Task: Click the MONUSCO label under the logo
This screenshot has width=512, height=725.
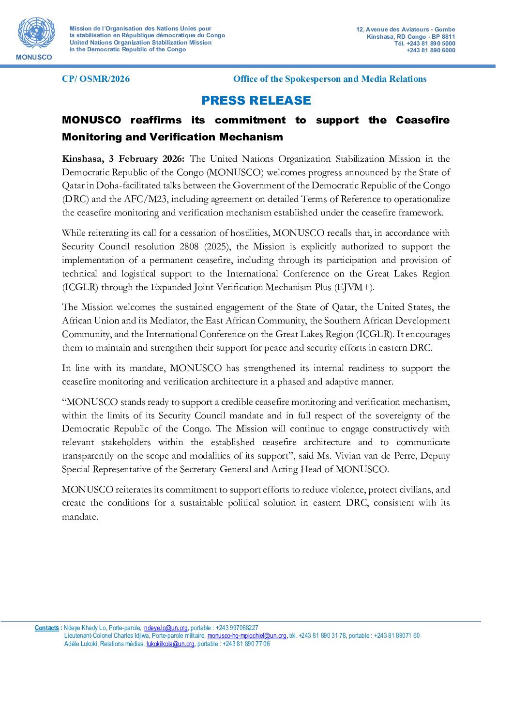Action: point(34,57)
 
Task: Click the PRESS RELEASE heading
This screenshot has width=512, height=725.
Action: point(256,101)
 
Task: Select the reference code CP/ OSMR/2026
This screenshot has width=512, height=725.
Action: point(96,79)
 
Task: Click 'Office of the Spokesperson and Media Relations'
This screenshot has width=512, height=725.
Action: point(330,79)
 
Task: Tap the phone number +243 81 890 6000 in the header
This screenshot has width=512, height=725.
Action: point(431,50)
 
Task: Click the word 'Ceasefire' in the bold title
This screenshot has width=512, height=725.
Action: point(422,120)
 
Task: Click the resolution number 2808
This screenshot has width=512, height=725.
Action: point(189,247)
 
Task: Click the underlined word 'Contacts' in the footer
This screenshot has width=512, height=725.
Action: point(47,628)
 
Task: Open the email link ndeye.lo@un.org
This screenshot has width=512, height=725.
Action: point(166,628)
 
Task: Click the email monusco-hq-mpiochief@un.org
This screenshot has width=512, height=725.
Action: point(246,635)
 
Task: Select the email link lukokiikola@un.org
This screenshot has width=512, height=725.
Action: point(170,644)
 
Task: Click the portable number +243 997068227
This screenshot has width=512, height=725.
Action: point(237,628)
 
